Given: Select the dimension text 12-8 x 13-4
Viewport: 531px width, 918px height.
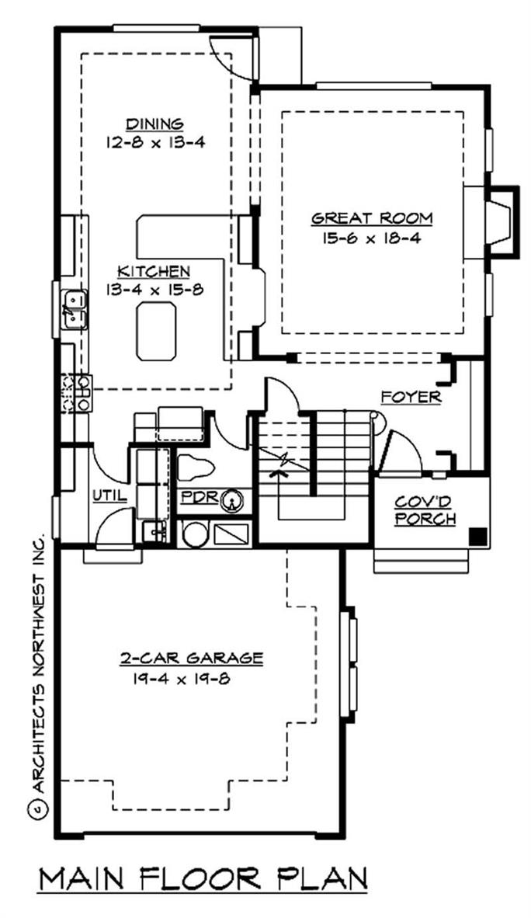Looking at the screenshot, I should [x=155, y=142].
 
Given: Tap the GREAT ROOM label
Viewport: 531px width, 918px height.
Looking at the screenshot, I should [x=371, y=219].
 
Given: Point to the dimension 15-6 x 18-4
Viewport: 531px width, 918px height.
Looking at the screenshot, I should [x=371, y=238].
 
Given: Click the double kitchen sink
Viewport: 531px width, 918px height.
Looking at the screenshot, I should [x=75, y=308].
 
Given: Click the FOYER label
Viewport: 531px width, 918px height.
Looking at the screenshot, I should [x=411, y=398].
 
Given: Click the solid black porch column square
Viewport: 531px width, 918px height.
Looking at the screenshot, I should [x=479, y=536].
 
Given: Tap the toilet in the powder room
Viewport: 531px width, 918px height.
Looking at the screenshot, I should [x=196, y=468].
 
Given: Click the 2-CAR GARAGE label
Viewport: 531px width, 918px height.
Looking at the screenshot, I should [x=191, y=659].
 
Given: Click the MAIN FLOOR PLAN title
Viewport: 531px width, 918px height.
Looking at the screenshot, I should [x=203, y=880].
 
